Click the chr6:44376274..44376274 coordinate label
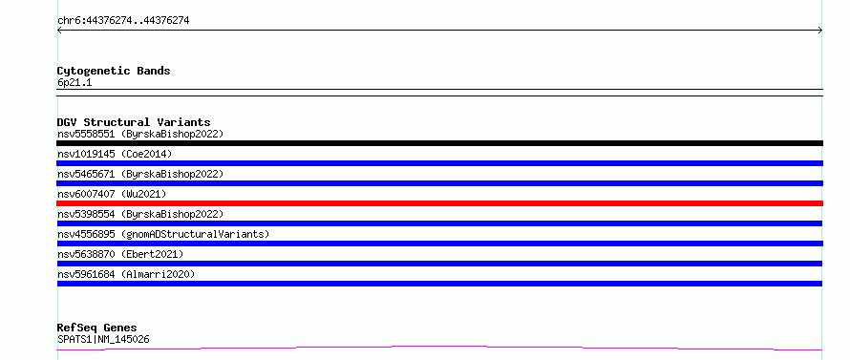pos(123,21)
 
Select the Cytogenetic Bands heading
pos(114,71)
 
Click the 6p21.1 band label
pos(74,82)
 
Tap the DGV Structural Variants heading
pos(134,122)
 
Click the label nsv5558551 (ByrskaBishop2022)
pos(140,134)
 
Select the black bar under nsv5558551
pos(439,143)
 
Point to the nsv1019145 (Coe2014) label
pos(115,154)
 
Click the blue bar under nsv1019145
pos(439,163)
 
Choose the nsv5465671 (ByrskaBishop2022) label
pos(140,174)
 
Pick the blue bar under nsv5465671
pos(439,183)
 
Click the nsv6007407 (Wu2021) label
pos(112,194)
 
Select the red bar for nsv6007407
pos(439,203)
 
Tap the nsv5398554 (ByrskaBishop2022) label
pos(140,214)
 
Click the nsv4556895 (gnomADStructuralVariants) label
pos(163,234)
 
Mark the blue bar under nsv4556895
pos(439,244)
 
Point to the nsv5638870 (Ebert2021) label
pos(120,254)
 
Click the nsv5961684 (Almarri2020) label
pos(126,274)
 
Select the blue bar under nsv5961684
pos(439,284)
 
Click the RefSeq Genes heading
pos(97,328)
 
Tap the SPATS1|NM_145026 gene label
pos(103,339)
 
